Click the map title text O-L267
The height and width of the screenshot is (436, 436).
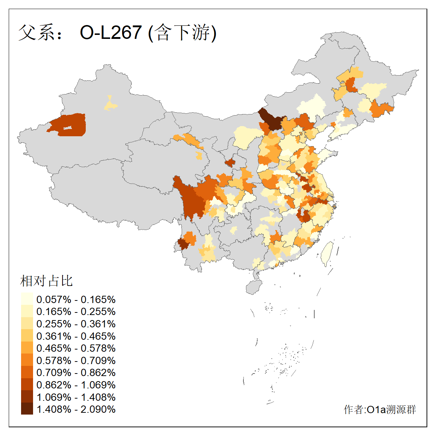(x=110, y=32)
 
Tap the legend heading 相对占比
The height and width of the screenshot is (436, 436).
(x=47, y=280)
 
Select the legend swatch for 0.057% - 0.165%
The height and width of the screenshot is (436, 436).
(x=27, y=299)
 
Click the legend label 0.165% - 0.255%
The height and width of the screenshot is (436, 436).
(x=76, y=312)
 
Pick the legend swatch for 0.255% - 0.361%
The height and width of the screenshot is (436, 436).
(x=27, y=324)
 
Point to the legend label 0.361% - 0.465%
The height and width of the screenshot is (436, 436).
(x=76, y=336)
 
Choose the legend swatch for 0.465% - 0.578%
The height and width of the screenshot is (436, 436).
(x=27, y=348)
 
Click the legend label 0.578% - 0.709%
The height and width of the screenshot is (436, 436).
(x=76, y=360)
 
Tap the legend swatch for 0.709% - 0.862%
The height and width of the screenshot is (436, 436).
(x=27, y=372)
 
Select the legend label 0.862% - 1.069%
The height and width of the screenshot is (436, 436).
(x=76, y=385)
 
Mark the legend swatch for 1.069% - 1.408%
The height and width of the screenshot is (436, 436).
(x=27, y=397)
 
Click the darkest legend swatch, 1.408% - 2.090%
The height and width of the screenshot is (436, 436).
(x=27, y=409)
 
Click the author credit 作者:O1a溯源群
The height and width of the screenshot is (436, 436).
(x=380, y=409)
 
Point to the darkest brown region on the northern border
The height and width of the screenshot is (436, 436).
(x=272, y=120)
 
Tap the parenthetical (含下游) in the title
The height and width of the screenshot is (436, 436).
(x=182, y=32)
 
